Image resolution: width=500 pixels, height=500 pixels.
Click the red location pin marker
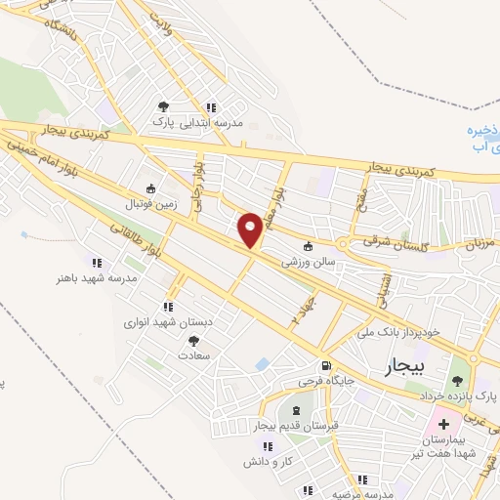251,229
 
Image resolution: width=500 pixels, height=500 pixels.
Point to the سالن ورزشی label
309,262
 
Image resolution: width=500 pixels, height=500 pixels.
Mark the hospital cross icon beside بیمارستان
444,425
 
